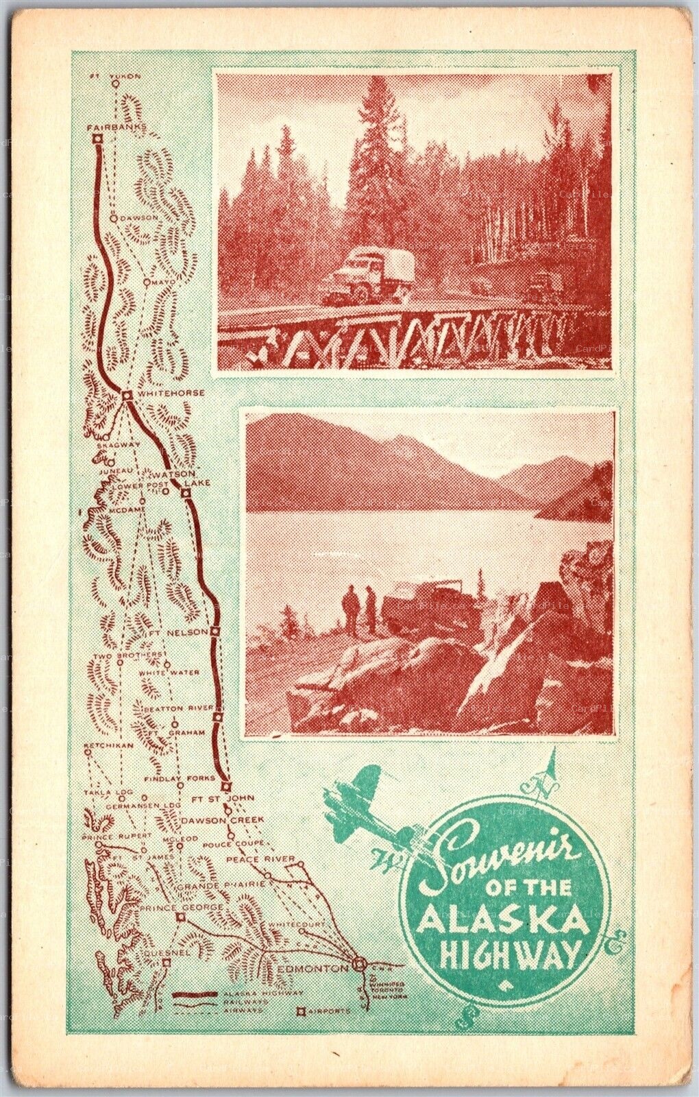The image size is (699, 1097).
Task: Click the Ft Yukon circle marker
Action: [116, 83]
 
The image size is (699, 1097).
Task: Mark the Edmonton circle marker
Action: [357, 966]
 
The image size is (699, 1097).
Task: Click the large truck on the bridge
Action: [361, 276]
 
